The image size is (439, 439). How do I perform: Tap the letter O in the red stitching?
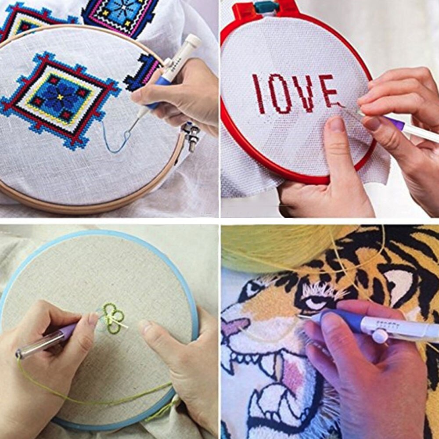(281, 93)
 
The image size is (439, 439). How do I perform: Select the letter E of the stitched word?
(328, 91)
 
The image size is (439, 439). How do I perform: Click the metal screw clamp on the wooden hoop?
(192, 135)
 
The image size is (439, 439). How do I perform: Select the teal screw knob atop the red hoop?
(267, 6)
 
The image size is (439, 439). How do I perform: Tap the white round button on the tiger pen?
(380, 336)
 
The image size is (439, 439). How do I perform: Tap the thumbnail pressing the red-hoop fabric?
(336, 124)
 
